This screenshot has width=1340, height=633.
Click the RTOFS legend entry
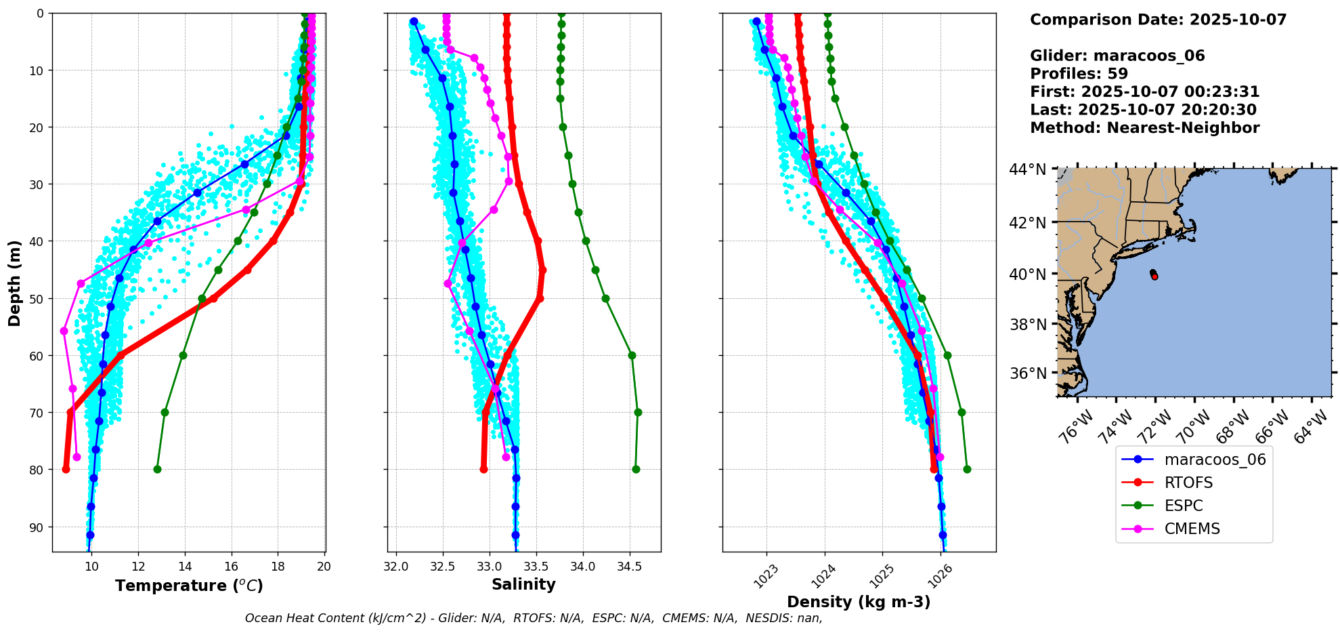(x=1188, y=483)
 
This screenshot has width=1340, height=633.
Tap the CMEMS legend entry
(x=1192, y=529)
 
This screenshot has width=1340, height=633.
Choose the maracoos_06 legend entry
(x=1215, y=460)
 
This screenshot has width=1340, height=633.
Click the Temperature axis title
(x=189, y=586)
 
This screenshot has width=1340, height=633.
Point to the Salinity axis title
(x=523, y=584)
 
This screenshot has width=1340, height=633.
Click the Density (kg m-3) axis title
(x=859, y=602)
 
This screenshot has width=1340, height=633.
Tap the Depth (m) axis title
(x=15, y=283)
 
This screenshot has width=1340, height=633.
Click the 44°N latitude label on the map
(x=1027, y=169)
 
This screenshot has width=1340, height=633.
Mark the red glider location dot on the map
(x=1154, y=276)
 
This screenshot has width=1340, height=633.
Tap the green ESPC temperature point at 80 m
(x=157, y=469)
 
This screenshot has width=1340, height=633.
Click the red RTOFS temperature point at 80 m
(x=66, y=469)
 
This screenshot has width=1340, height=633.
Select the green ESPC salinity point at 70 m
(x=638, y=412)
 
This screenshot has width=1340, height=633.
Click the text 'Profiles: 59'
(x=1079, y=74)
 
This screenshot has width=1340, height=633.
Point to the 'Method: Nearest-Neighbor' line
(x=1144, y=128)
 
